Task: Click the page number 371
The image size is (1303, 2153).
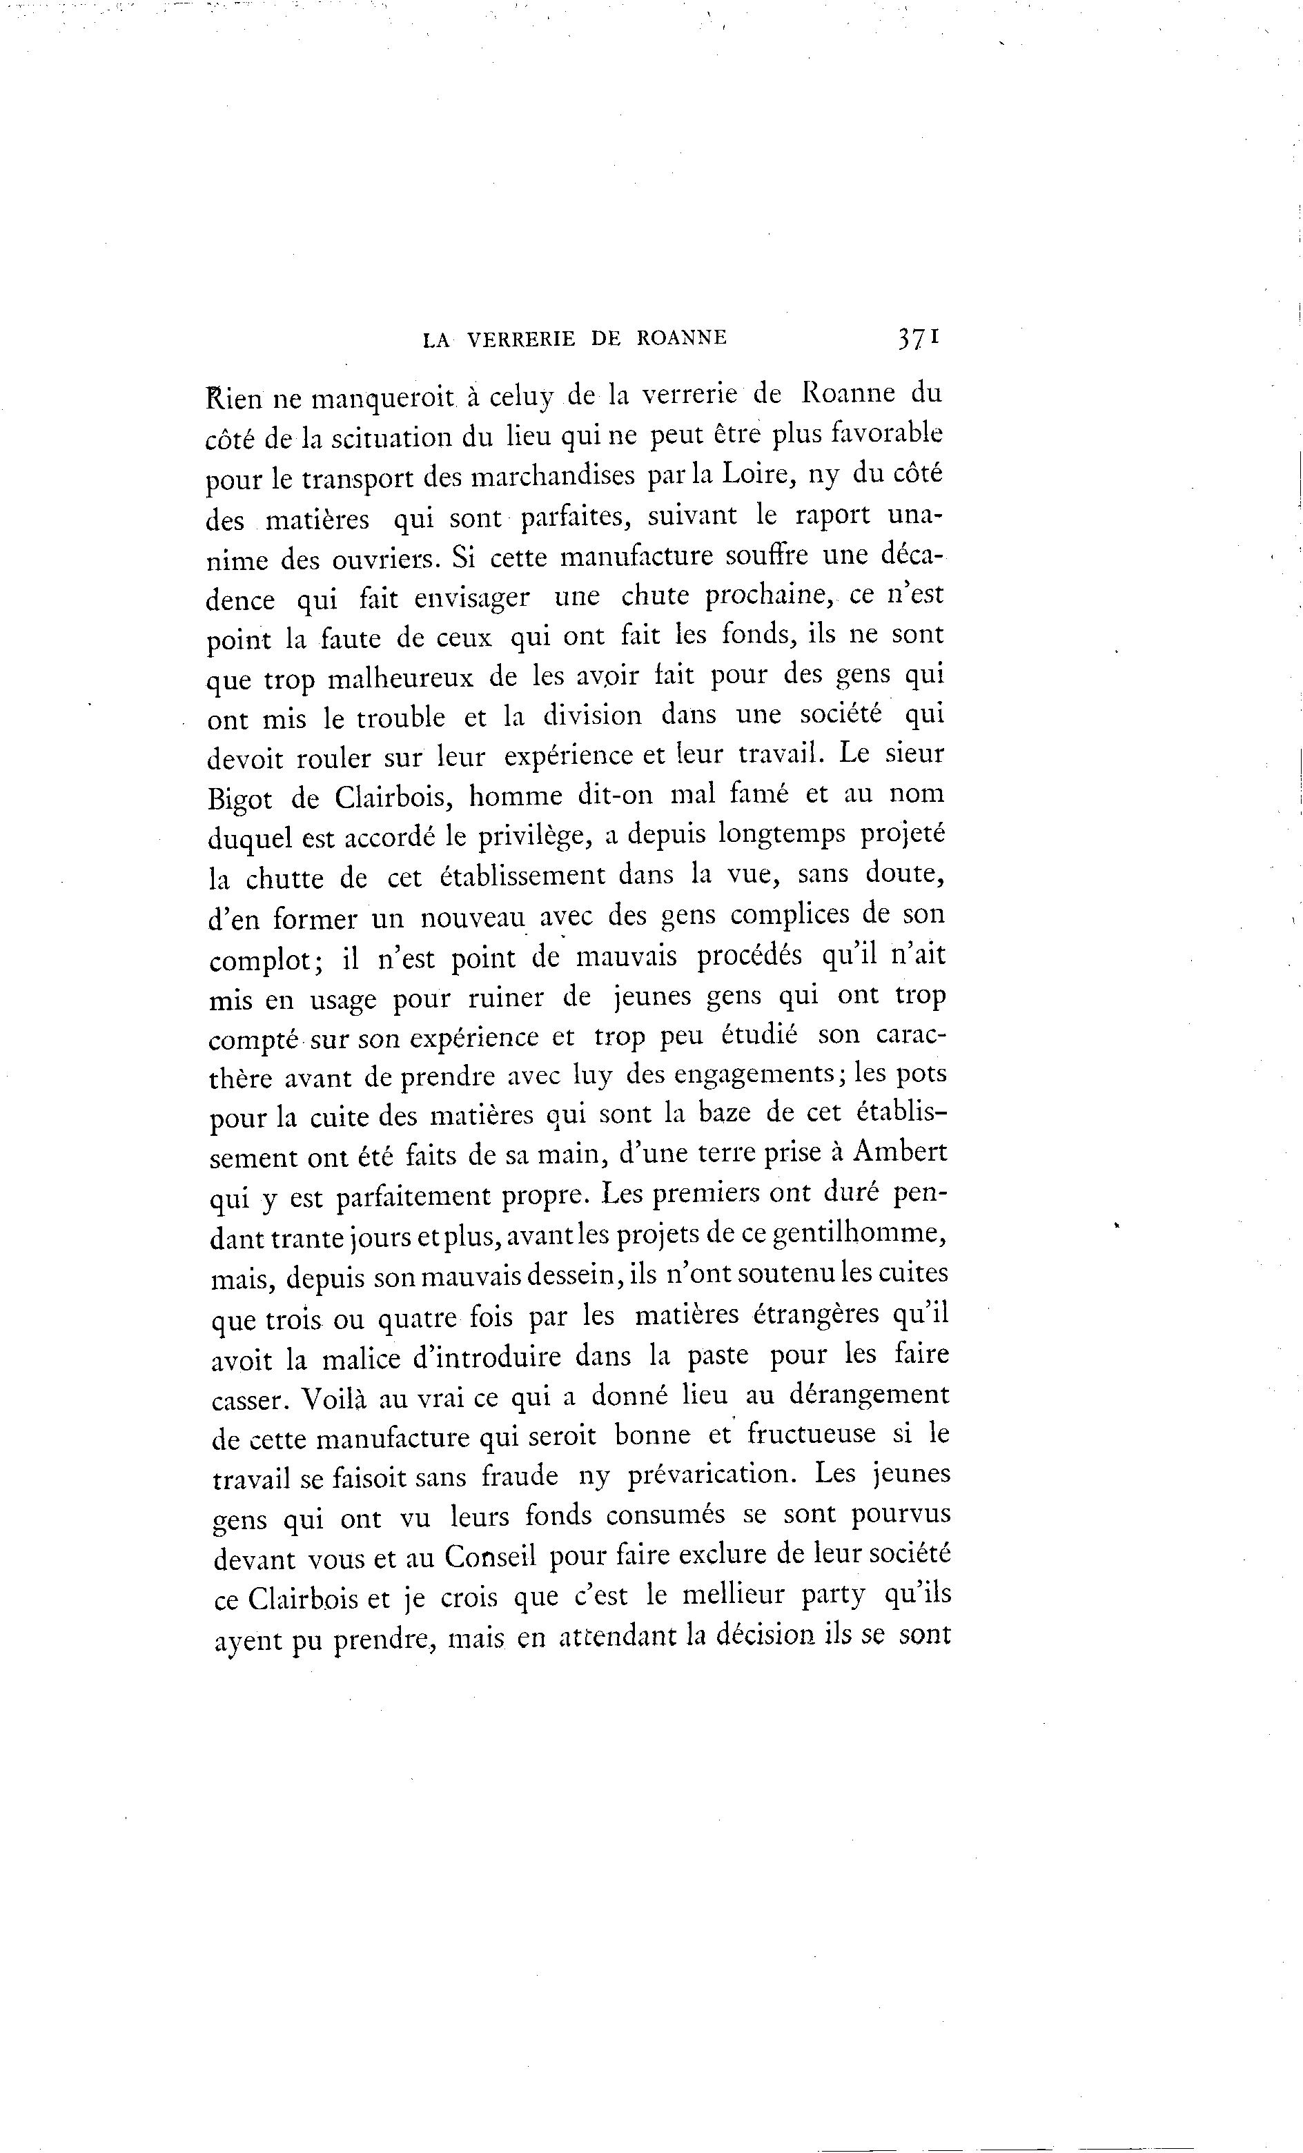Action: click(916, 338)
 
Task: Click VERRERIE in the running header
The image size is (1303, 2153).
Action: click(522, 339)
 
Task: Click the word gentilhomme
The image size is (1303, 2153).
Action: click(861, 1234)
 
